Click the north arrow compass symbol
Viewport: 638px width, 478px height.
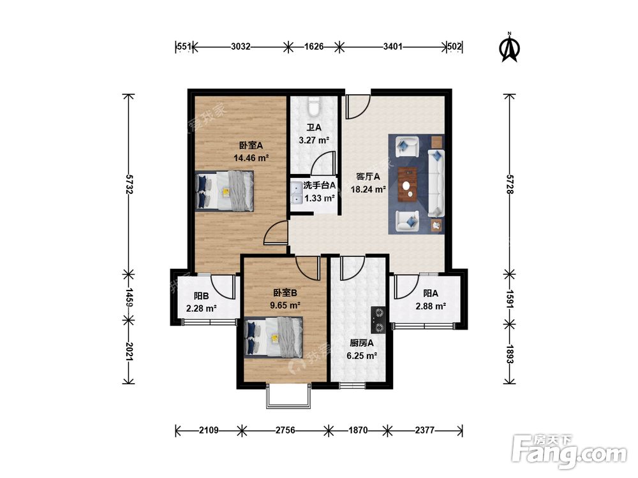coord(509,48)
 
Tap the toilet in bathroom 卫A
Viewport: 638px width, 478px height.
coord(313,106)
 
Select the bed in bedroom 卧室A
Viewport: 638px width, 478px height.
coord(224,191)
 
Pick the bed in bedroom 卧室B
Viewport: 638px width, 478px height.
coord(274,337)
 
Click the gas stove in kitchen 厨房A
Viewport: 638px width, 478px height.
coord(378,320)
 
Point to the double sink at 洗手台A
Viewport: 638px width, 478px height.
coord(296,193)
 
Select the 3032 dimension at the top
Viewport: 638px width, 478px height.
coord(241,47)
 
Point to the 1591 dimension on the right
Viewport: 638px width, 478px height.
coord(509,299)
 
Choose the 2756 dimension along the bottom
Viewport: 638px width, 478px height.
coord(285,430)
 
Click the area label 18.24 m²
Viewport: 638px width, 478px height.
coord(368,189)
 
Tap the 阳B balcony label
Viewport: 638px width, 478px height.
coord(201,296)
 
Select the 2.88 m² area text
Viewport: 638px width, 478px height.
coord(431,306)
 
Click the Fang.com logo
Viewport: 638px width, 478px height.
coord(569,451)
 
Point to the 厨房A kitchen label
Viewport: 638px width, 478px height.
coord(361,343)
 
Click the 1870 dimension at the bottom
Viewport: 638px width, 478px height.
coord(358,430)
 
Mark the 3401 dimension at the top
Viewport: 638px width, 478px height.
coord(392,47)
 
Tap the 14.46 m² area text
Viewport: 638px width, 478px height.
coord(251,157)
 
